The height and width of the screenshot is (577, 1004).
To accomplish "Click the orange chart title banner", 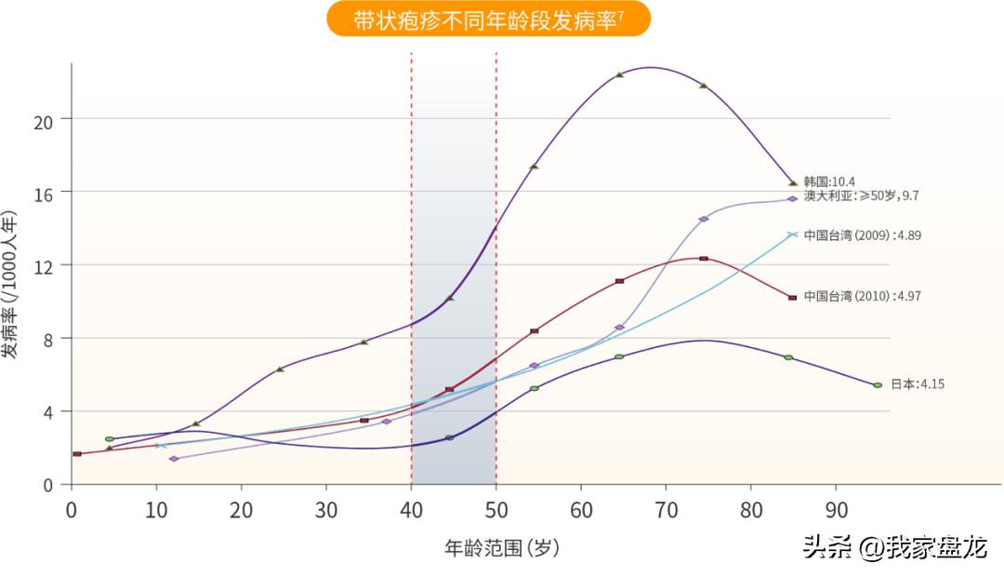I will (x=488, y=19).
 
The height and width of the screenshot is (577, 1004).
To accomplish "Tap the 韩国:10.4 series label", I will (x=829, y=181).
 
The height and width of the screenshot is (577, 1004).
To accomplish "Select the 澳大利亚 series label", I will (x=861, y=195).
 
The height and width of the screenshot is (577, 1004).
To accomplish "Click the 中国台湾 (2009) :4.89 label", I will (x=863, y=235).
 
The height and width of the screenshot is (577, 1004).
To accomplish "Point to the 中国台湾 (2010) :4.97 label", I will (x=863, y=296).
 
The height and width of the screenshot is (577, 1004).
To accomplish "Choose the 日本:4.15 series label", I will (x=918, y=383).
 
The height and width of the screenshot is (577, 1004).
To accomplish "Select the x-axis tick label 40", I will (x=411, y=510).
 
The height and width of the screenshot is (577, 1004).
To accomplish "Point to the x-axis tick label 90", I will (x=836, y=510).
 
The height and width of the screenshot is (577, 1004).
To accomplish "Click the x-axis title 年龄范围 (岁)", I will (x=502, y=548).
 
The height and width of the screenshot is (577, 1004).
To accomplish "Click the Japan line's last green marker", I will (x=878, y=385).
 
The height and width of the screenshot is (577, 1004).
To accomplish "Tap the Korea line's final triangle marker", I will (x=793, y=182).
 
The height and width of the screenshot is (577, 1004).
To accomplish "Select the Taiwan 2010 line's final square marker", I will (x=792, y=298).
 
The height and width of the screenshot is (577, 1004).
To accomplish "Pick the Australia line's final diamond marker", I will (x=792, y=199).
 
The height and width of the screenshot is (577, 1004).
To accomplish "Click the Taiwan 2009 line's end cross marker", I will (x=792, y=235).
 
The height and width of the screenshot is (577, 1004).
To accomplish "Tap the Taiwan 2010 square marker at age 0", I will (x=77, y=454).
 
